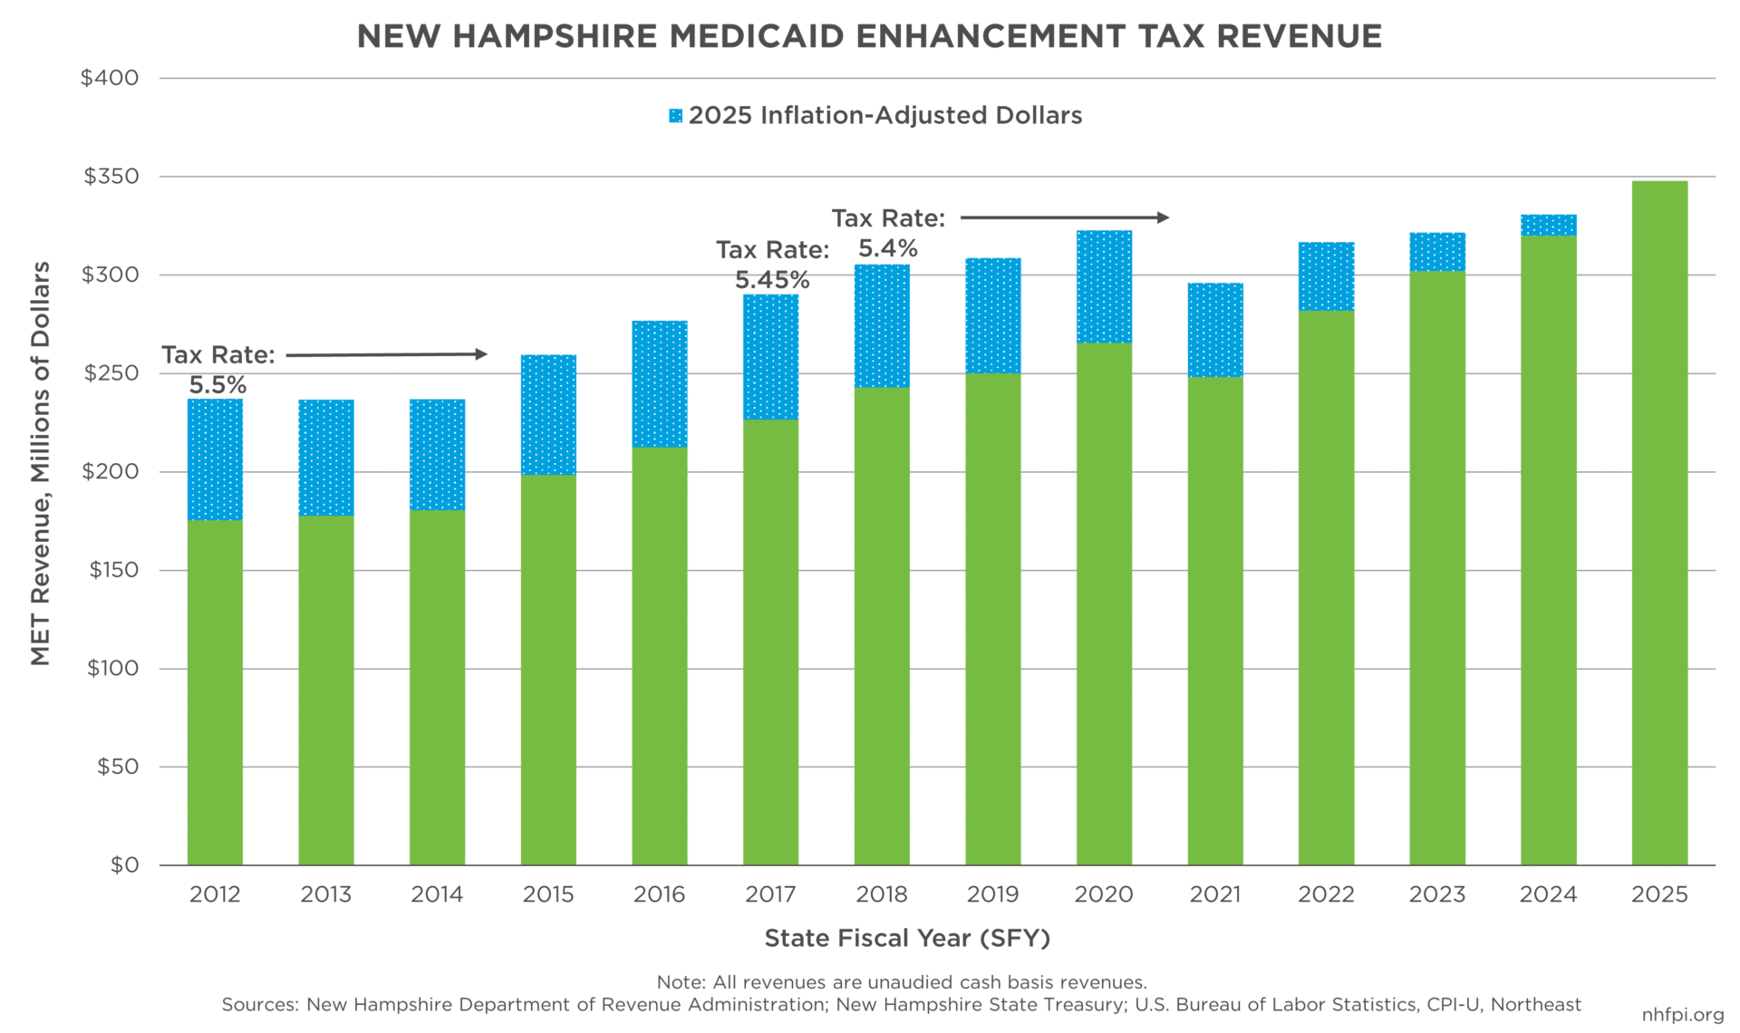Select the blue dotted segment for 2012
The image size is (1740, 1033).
coord(215,459)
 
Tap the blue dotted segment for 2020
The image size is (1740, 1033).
coord(1104,286)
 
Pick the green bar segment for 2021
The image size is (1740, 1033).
coord(1215,621)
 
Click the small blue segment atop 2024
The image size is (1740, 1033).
coord(1548,225)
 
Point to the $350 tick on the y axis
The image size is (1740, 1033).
coord(111,177)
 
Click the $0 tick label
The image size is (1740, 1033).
coord(124,865)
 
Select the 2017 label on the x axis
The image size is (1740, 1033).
coord(770,894)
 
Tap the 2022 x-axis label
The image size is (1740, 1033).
coord(1326,894)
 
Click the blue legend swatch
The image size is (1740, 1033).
coord(675,116)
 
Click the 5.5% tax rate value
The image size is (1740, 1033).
coord(217,386)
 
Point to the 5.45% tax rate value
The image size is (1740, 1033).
coord(772,280)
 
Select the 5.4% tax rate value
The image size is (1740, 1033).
coord(888,248)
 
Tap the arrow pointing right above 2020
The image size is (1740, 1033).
coord(1065,217)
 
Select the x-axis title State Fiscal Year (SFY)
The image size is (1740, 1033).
coord(907,938)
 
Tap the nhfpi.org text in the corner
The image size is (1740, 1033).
coord(1682,1015)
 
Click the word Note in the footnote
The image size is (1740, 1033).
coord(680,982)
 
